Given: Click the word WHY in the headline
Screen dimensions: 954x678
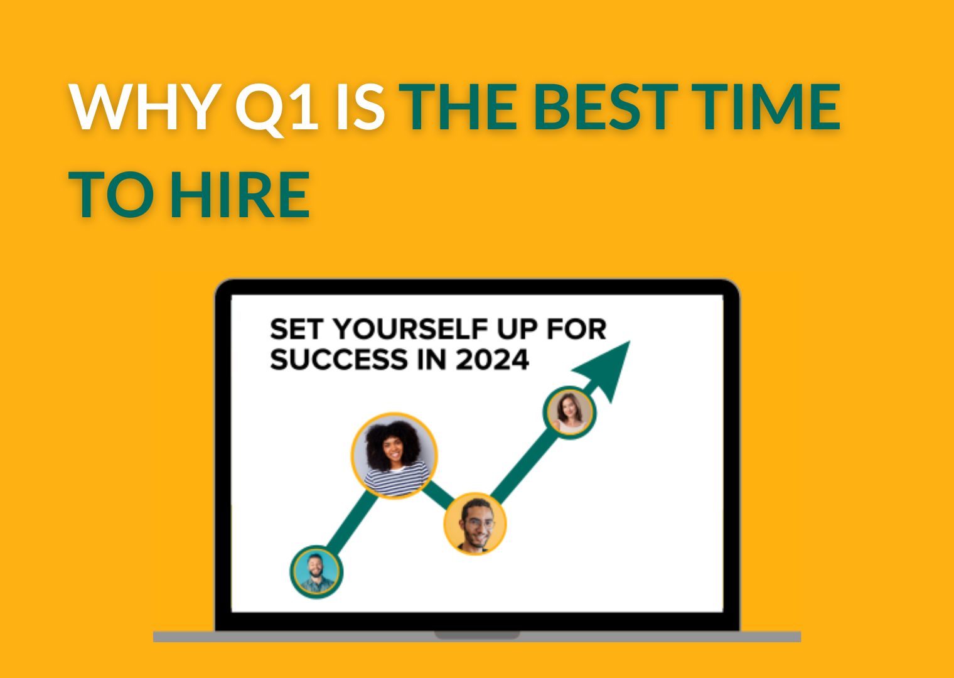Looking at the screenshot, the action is click(145, 107).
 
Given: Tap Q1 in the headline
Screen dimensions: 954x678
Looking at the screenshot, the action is click(277, 109).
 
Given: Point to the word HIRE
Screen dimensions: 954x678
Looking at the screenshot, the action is click(240, 194).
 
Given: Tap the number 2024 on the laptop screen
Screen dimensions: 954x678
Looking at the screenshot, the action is click(492, 360).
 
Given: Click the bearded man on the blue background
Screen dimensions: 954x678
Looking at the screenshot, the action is click(316, 571).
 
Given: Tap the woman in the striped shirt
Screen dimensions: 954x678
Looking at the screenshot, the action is click(394, 455).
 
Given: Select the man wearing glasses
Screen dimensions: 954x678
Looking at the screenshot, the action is click(475, 524).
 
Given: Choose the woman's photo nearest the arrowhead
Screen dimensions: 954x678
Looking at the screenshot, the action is click(569, 412).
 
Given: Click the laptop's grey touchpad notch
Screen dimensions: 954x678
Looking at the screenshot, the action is click(477, 635).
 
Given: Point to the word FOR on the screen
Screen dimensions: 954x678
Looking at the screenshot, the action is click(577, 329).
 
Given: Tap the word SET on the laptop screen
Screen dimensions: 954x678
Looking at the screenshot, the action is click(296, 329).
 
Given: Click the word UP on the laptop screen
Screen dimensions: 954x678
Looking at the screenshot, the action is click(517, 329).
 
